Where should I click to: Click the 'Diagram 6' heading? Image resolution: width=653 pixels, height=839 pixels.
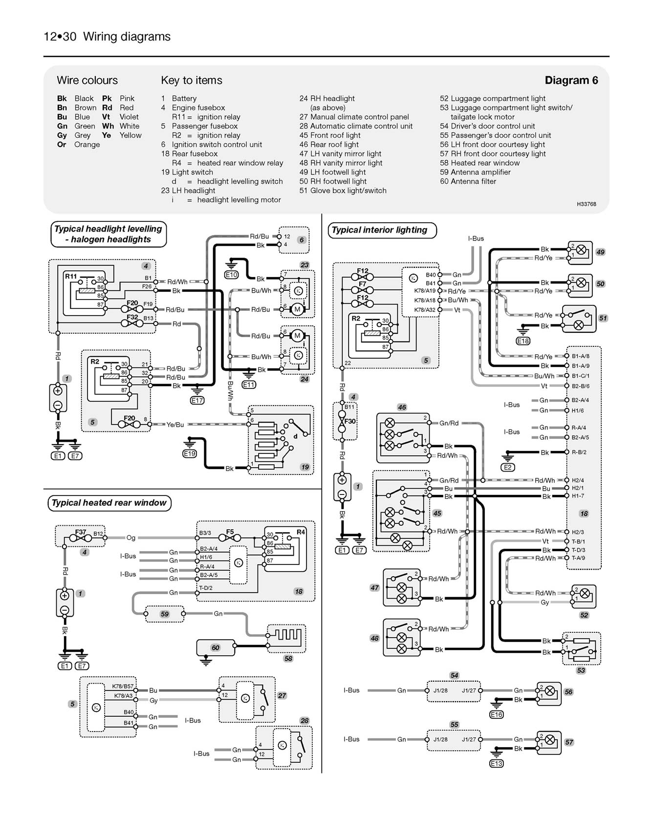571,80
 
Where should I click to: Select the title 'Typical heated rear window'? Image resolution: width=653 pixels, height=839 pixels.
109,503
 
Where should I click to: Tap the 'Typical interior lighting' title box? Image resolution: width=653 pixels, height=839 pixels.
379,230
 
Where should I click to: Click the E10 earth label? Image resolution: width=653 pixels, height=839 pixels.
231,275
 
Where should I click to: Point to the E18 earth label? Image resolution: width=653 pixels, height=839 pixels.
523,341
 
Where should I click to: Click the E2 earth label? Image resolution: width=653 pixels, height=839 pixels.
508,468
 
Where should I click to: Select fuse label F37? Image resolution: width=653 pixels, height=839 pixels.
80,532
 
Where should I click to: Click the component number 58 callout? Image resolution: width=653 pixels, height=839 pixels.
288,659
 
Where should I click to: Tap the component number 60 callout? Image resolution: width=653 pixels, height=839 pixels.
216,647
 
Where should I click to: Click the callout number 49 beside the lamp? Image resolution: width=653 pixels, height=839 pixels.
600,252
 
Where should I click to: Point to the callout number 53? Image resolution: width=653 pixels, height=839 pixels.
581,670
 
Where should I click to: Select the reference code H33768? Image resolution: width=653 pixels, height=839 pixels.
586,204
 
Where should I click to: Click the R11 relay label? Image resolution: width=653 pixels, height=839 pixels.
71,277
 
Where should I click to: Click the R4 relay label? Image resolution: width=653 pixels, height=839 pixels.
301,532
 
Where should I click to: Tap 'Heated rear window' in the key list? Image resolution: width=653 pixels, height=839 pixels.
479,163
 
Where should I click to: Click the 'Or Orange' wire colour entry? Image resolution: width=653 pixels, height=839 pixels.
78,145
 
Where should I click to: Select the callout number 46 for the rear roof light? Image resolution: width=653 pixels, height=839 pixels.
402,407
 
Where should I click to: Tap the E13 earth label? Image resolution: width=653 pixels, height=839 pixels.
497,763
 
